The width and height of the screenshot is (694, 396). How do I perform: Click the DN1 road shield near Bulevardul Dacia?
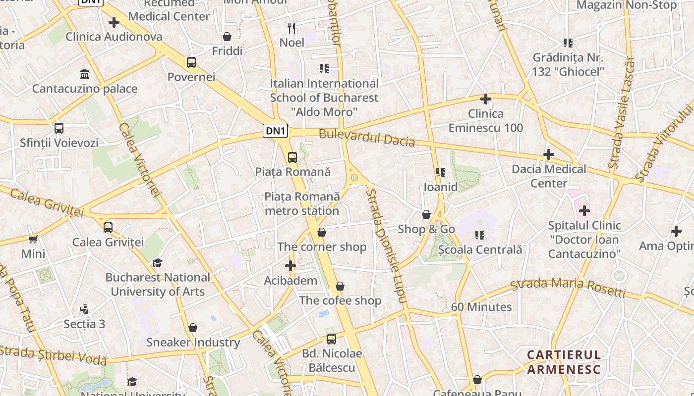click(x=275, y=131)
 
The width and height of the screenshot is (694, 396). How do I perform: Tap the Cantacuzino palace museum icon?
click(x=85, y=74)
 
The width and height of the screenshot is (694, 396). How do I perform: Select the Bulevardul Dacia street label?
click(x=367, y=138)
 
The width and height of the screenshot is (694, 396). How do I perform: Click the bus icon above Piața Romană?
click(x=292, y=157)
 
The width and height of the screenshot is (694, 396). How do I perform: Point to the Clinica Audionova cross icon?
click(x=114, y=22)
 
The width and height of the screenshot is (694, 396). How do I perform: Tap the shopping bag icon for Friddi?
click(x=227, y=37)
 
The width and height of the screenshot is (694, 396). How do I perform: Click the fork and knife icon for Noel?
click(x=292, y=28)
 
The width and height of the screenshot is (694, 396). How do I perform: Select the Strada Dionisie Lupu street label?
click(x=386, y=245)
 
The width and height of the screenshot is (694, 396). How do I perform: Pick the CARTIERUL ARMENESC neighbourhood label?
click(x=564, y=362)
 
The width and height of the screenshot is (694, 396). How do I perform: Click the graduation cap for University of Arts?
click(x=158, y=263)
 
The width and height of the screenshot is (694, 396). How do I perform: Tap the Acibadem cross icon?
click(x=290, y=266)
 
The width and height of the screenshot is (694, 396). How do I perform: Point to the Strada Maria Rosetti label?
click(x=568, y=287)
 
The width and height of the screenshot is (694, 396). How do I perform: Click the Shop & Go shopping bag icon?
click(x=426, y=214)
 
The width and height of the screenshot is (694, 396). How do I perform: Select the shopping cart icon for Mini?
click(x=33, y=240)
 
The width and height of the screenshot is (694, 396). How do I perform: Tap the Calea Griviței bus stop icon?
click(x=108, y=228)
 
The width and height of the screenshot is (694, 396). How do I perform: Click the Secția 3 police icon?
click(x=84, y=310)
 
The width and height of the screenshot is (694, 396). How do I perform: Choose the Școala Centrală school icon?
click(x=480, y=235)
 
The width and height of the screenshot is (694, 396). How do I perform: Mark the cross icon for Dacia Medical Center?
click(x=548, y=154)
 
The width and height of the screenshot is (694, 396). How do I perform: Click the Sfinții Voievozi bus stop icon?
click(x=59, y=128)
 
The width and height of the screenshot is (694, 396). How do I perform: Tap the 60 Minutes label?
click(x=481, y=307)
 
